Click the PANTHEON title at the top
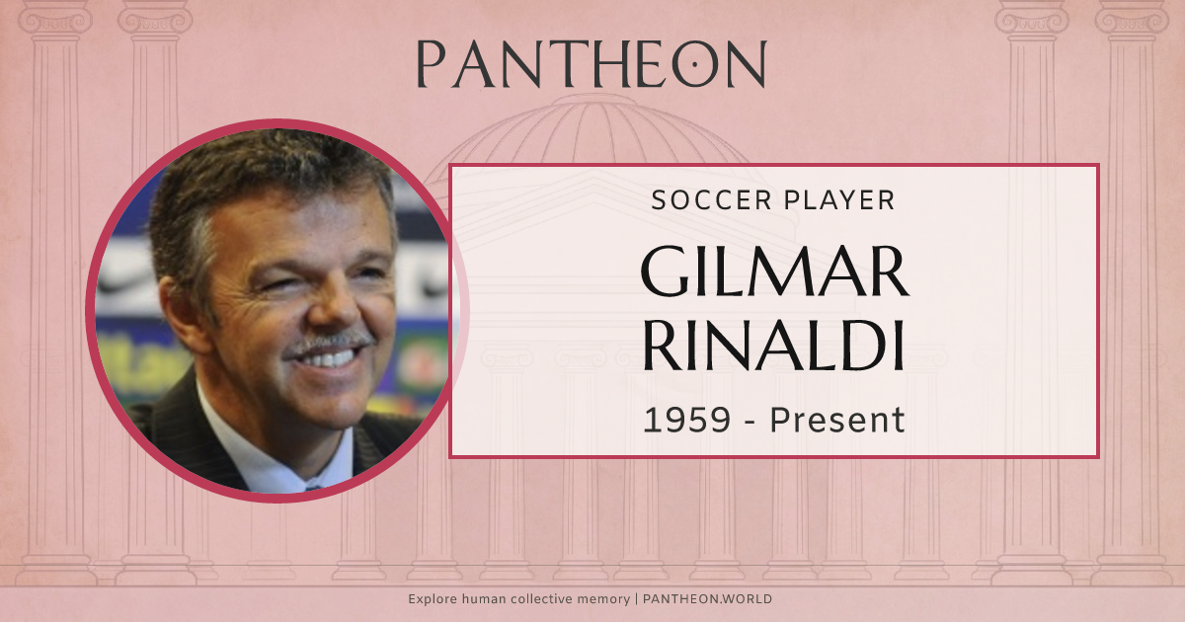(592, 65)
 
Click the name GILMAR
(774, 272)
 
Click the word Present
(836, 420)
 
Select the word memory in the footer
(603, 599)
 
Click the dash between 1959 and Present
(750, 422)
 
